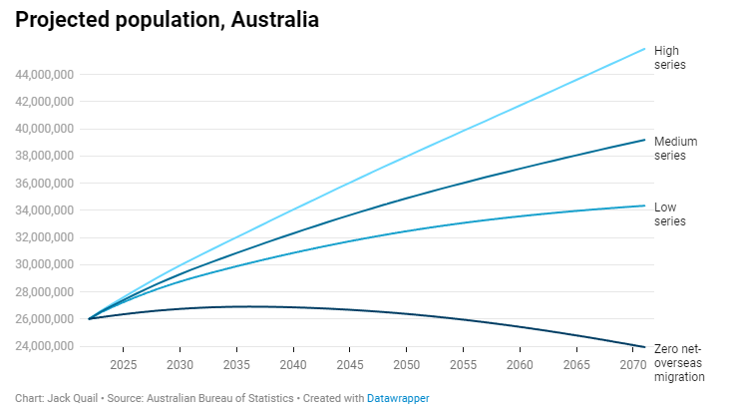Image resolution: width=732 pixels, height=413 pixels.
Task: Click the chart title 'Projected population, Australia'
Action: [x=168, y=20]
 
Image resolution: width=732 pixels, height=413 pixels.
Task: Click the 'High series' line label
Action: [x=669, y=57]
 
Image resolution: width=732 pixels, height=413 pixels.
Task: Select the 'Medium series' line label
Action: [x=676, y=149]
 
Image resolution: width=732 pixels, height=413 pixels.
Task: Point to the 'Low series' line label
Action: [x=669, y=213]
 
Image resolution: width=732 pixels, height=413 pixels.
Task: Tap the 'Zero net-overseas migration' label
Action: [x=679, y=362]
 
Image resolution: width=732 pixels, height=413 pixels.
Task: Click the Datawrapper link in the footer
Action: [x=397, y=398]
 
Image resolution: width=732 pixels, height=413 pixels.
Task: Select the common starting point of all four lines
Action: [x=89, y=319]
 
